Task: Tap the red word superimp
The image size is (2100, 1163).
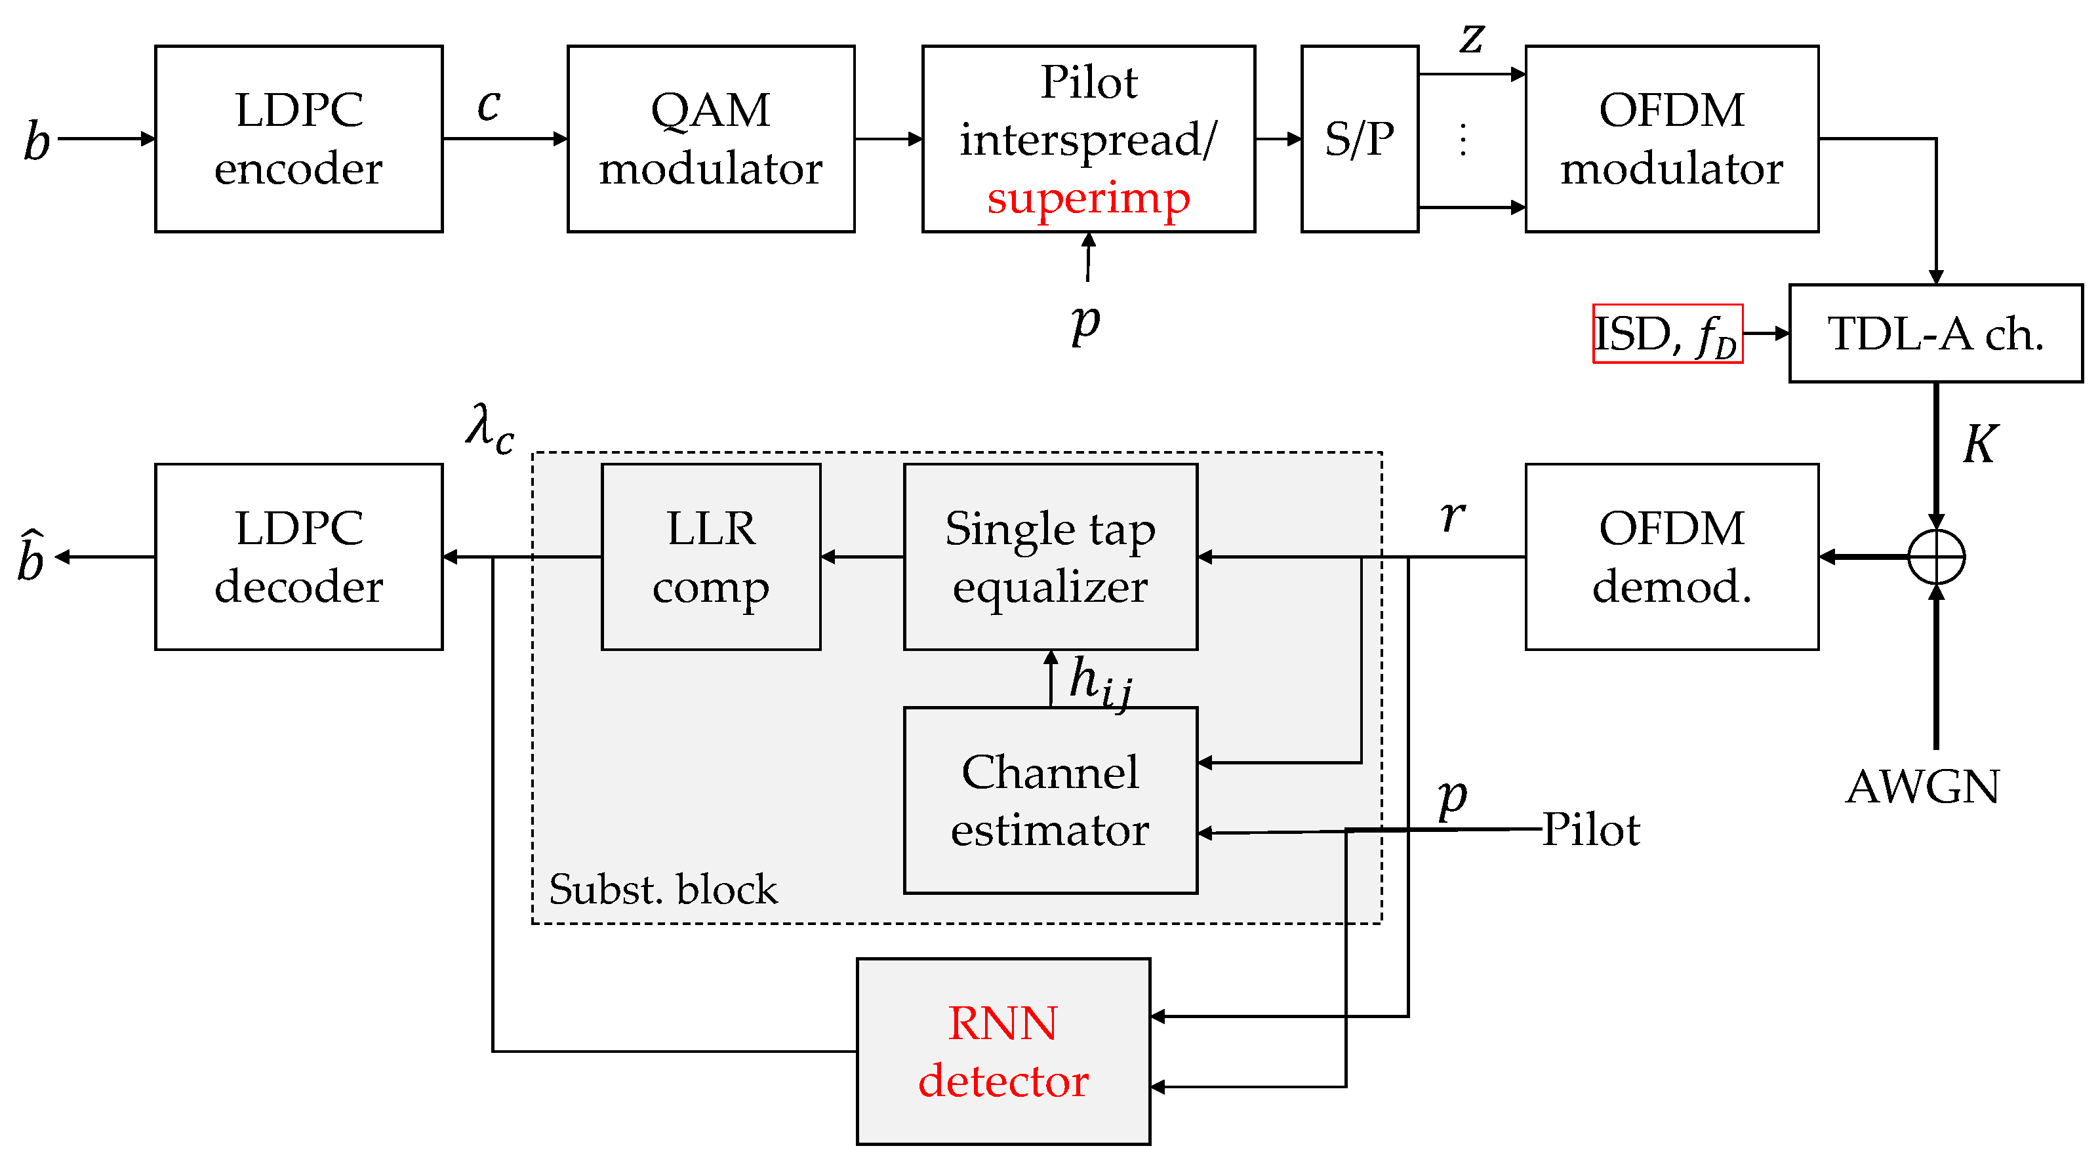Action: (1087, 198)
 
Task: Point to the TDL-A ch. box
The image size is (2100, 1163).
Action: (1935, 333)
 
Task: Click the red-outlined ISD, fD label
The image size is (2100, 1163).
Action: (1667, 333)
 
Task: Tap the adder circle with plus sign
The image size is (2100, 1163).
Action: (1936, 557)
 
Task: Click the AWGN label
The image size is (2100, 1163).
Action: (1922, 787)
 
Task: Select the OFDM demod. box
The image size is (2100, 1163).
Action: (1671, 557)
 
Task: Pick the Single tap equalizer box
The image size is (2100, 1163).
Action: (1050, 557)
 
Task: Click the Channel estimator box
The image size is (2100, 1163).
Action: (1050, 800)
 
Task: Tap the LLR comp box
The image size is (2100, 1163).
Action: (710, 557)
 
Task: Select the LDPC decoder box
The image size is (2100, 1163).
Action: (298, 557)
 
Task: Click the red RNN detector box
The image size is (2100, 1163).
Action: (1003, 1052)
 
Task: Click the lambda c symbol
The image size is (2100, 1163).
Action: (490, 429)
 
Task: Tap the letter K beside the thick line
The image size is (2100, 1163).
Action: (1979, 444)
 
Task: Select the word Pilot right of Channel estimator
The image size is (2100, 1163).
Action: (1590, 831)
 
